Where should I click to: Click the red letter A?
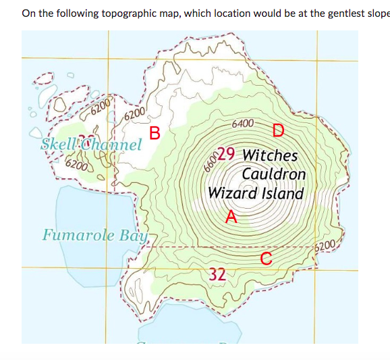[x=231, y=216]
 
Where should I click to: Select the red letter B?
[x=154, y=132]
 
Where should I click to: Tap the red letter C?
[x=266, y=257]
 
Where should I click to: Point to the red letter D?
[x=278, y=130]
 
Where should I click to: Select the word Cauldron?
[x=273, y=174]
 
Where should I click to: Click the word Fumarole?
[x=78, y=236]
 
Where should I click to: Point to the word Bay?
[x=134, y=236]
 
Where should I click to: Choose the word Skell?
[x=59, y=144]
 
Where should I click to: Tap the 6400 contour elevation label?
[x=242, y=124]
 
